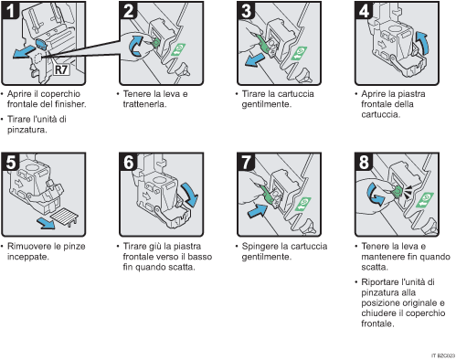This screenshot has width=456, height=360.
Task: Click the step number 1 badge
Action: click(x=12, y=13)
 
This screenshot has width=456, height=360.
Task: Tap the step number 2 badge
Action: click(x=129, y=13)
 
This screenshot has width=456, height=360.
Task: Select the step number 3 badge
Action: click(x=246, y=13)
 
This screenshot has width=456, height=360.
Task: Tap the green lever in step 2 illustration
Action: click(x=155, y=40)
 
